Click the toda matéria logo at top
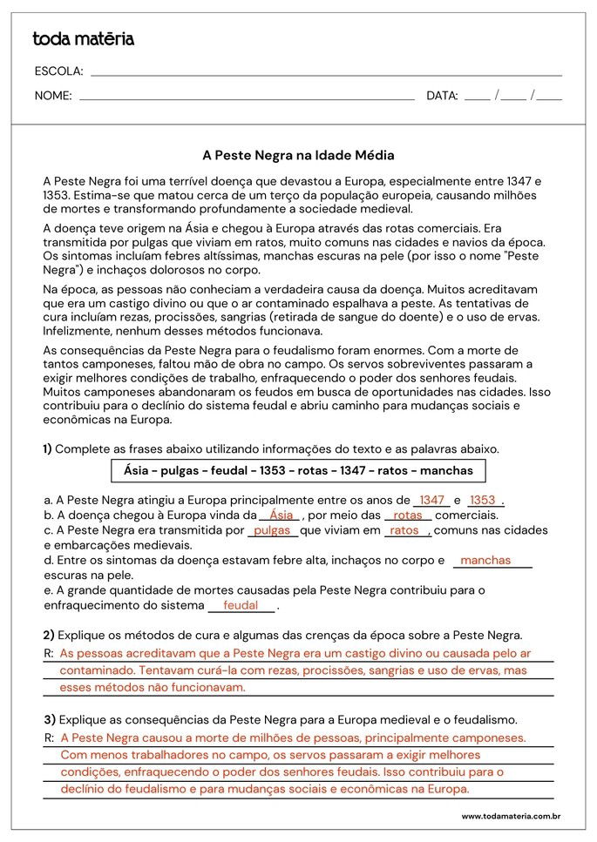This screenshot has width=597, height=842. [83, 39]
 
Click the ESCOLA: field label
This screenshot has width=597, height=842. [58, 71]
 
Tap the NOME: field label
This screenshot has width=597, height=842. [53, 96]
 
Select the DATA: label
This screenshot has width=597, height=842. [442, 96]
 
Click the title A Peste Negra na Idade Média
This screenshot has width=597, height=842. [298, 156]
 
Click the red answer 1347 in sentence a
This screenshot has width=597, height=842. [431, 501]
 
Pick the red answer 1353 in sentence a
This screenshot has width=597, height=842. [482, 501]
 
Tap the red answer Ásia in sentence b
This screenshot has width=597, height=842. [282, 515]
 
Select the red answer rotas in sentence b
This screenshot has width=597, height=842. [408, 515]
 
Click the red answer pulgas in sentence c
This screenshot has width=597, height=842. [272, 530]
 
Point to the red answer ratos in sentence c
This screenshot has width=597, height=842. [405, 530]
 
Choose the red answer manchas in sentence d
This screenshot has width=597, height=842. [485, 561]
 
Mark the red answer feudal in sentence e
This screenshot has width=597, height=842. [241, 605]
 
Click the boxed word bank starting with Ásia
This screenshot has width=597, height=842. [298, 471]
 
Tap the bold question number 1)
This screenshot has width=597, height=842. [47, 449]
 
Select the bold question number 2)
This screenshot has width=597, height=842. [49, 635]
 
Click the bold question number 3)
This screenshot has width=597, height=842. [49, 720]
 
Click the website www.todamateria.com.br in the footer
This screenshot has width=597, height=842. [510, 817]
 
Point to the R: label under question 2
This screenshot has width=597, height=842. [48, 653]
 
